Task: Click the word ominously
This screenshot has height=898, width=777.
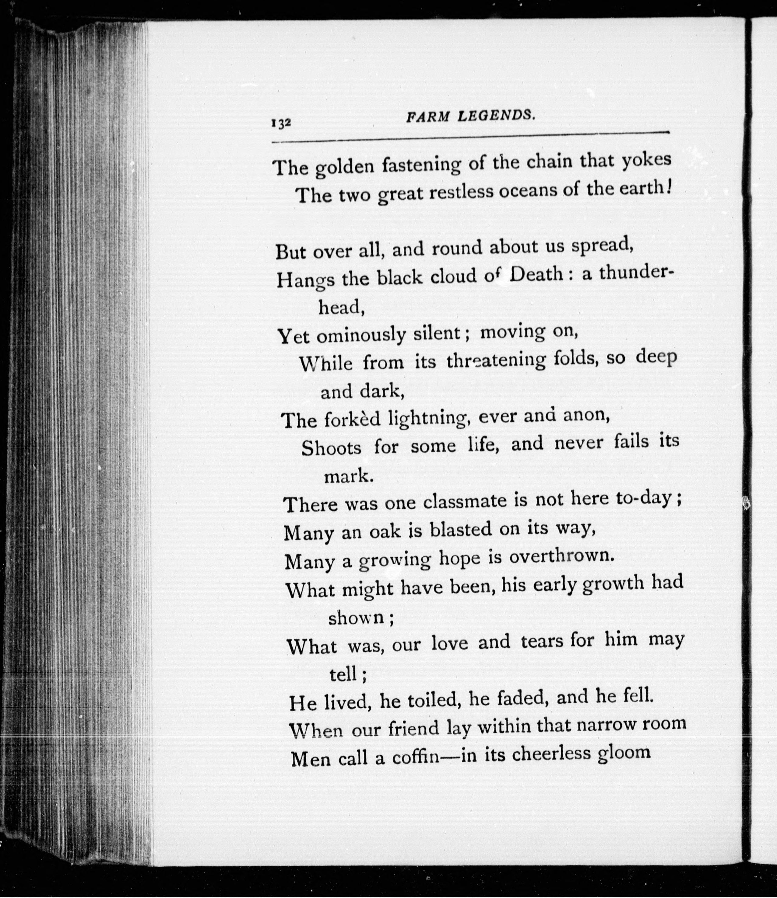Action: point(360,335)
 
